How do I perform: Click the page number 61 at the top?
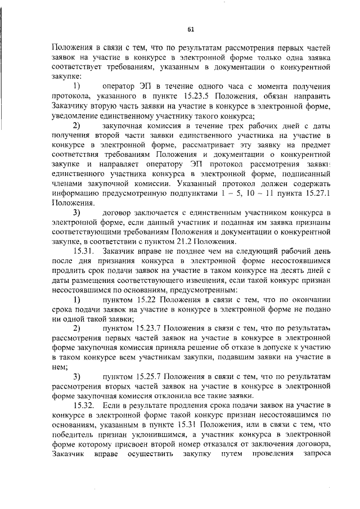point(190,30)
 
